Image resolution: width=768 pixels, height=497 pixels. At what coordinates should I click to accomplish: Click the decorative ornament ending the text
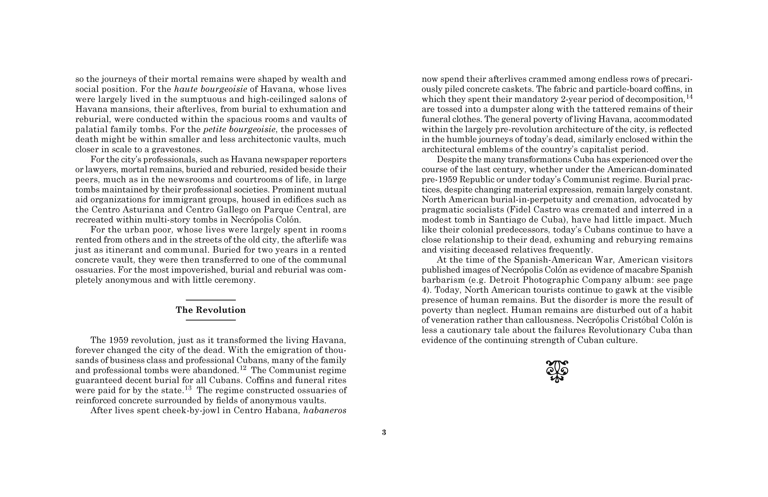(557, 371)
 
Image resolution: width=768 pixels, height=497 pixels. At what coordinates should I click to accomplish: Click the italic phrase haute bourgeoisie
(210, 89)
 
